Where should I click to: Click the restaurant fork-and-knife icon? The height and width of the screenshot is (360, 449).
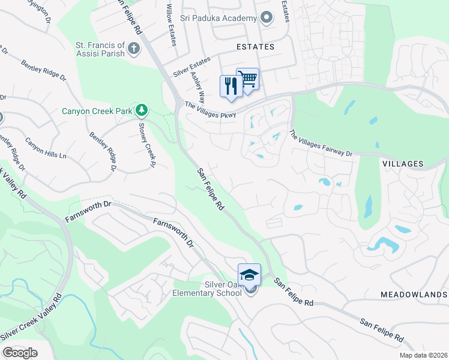tap(231, 86)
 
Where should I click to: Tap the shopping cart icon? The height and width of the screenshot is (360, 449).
tap(247, 78)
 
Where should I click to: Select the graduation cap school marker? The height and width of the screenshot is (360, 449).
tap(249, 275)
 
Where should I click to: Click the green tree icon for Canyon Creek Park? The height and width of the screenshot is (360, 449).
tap(141, 110)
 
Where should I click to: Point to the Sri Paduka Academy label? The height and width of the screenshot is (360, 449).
tap(223, 19)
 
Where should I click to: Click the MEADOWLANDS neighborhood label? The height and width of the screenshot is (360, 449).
tap(414, 295)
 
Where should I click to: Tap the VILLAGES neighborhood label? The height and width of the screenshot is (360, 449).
tap(403, 164)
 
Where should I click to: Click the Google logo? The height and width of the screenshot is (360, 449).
tap(20, 353)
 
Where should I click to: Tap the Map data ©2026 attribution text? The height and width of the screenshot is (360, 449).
tap(423, 355)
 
